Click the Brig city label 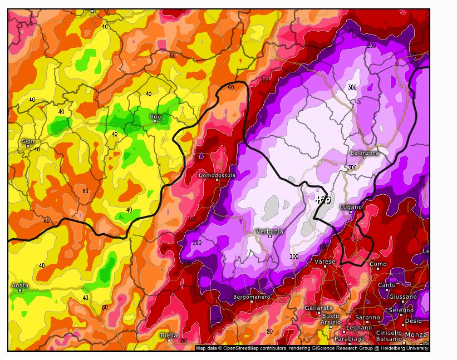[x=155, y=117]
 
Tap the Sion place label [x=28, y=141]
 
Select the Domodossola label [x=217, y=175]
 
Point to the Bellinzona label [x=365, y=152]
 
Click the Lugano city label [x=351, y=207]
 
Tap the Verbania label [x=269, y=231]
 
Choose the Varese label [x=325, y=262]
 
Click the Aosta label [x=20, y=285]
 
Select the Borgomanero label [x=252, y=297]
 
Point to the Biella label [x=169, y=336]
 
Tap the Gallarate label [x=318, y=308]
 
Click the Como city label [x=378, y=264]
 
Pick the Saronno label [x=367, y=318]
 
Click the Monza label [x=416, y=334]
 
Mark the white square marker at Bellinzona [x=365, y=157]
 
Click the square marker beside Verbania [x=270, y=236]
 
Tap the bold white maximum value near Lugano [x=322, y=199]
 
